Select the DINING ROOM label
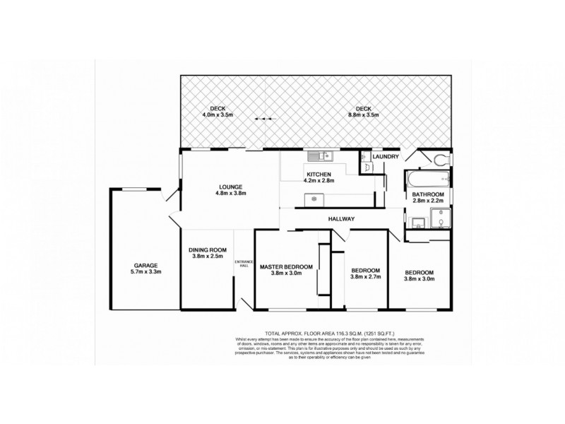(207, 249)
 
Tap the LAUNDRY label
(386, 156)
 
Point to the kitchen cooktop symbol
(313, 199)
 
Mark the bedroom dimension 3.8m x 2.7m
(366, 278)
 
